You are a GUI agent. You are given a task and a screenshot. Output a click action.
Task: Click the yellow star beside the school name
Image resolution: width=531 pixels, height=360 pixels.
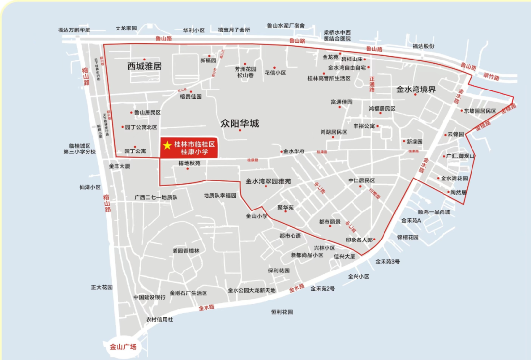pyautogui.click(x=167, y=145)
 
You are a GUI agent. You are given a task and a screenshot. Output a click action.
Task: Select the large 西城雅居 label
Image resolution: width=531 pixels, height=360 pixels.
pyautogui.click(x=145, y=66)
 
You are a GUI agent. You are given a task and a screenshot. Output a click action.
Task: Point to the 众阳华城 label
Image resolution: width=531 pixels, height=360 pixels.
pyautogui.click(x=239, y=123)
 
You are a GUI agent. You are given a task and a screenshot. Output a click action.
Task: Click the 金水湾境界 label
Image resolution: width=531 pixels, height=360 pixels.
pyautogui.click(x=416, y=90)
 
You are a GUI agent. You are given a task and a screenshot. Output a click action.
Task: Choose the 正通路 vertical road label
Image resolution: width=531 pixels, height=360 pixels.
pyautogui.click(x=372, y=84)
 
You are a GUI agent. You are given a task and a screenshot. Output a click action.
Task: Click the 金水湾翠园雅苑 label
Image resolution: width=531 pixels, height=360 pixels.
pyautogui.click(x=268, y=181)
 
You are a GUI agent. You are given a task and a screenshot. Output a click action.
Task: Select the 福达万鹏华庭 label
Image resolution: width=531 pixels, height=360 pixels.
pyautogui.click(x=74, y=30)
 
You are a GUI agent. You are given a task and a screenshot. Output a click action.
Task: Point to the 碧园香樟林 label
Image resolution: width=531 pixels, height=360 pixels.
pyautogui.click(x=186, y=251)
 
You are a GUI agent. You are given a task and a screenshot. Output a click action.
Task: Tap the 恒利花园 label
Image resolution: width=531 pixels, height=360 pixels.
pyautogui.click(x=282, y=312)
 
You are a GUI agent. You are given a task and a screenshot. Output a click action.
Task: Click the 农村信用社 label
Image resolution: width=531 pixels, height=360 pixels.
pyautogui.click(x=159, y=319)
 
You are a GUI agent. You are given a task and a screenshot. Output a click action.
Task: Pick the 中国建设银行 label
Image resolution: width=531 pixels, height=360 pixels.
pyautogui.click(x=149, y=297)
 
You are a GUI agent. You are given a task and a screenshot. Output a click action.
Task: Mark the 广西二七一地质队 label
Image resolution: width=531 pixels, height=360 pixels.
pyautogui.click(x=156, y=197)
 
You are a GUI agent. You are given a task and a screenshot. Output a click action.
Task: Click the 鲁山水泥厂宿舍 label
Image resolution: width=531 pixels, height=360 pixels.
pyautogui.click(x=286, y=25)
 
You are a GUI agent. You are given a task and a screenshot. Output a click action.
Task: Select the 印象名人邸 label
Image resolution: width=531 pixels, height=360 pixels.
pyautogui.click(x=359, y=240)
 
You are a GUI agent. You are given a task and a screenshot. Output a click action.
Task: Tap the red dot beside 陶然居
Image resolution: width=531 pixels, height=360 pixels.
pyautogui.click(x=448, y=192)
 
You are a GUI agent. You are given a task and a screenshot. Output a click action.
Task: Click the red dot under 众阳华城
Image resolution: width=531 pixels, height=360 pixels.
pyautogui.click(x=240, y=130)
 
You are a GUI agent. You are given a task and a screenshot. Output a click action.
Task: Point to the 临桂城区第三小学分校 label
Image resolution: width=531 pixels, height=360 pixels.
pyautogui.click(x=80, y=149)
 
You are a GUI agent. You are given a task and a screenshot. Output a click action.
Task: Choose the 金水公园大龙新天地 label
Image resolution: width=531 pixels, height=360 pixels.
pyautogui.click(x=252, y=290)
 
